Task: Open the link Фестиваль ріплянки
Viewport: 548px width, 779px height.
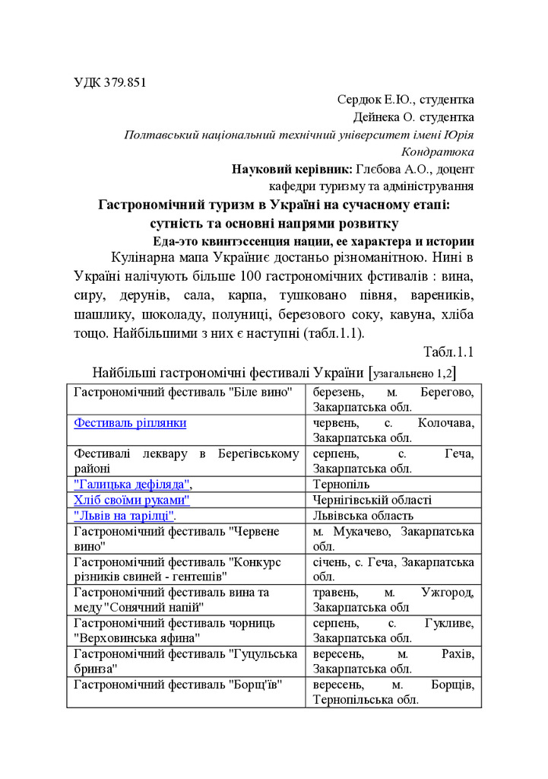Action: [x=130, y=423]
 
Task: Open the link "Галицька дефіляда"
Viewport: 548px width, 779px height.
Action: [x=132, y=485]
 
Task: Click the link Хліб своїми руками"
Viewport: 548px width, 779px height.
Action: [x=131, y=500]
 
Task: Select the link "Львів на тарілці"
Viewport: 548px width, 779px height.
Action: [x=125, y=515]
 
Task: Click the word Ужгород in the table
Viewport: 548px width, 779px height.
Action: [x=448, y=592]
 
